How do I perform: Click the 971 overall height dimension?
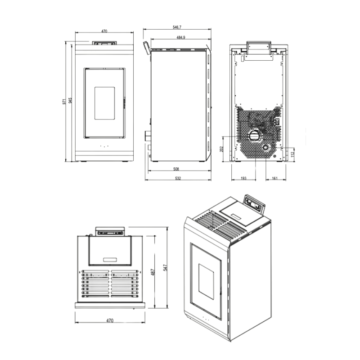(x=64, y=101)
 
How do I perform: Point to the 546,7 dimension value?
(x=177, y=28)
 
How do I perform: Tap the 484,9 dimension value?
(x=179, y=37)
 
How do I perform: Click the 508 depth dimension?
(x=176, y=170)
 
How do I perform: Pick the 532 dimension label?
(x=178, y=179)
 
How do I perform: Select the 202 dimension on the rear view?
(x=221, y=149)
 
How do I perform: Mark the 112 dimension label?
(x=292, y=154)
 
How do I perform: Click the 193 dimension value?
(x=243, y=179)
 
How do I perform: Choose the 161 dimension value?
(x=275, y=179)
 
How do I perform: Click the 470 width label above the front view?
(x=104, y=31)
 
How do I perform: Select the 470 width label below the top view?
(x=110, y=321)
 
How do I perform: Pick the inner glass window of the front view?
(x=104, y=103)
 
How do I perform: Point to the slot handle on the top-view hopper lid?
(x=110, y=260)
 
